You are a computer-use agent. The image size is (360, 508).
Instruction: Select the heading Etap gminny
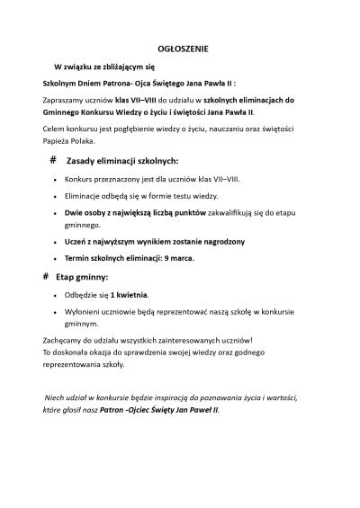pyautogui.click(x=82, y=277)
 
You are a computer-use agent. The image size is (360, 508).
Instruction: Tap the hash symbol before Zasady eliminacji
pyautogui.click(x=54, y=158)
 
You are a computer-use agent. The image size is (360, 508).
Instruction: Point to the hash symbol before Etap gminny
pyautogui.click(x=46, y=276)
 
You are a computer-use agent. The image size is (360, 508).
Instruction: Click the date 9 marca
pyautogui.click(x=175, y=258)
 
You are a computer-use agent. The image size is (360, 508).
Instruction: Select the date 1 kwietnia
pyautogui.click(x=129, y=295)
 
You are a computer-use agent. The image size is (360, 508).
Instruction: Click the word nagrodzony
pyautogui.click(x=217, y=242)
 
